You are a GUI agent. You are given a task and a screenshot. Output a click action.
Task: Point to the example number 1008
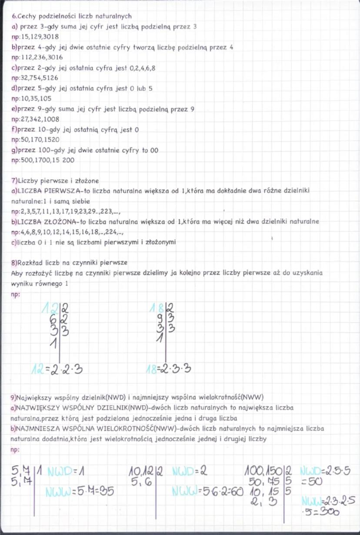(51, 119)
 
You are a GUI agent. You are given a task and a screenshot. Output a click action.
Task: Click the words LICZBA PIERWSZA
(41, 192)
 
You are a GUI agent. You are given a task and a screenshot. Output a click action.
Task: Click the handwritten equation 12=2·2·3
(57, 369)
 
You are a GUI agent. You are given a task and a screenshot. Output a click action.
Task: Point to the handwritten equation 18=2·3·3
(170, 369)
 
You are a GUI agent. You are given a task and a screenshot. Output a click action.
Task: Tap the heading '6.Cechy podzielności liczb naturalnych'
(71, 16)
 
